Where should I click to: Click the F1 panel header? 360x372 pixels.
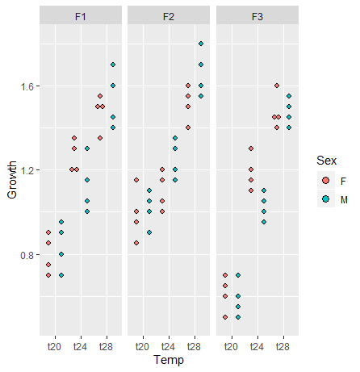[81, 16]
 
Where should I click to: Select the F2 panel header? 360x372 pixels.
[168, 16]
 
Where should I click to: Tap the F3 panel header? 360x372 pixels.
[256, 16]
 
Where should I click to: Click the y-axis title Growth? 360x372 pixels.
[10, 179]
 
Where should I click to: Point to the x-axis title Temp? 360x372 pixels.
[168, 360]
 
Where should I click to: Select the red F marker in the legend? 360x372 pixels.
[325, 180]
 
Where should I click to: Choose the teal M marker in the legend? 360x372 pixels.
[325, 198]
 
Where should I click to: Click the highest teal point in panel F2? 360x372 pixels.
[201, 44]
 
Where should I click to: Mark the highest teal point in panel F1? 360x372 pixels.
[113, 65]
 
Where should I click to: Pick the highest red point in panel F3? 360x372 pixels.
[276, 86]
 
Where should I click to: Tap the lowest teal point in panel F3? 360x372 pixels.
[238, 317]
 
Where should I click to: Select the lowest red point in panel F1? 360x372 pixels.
[48, 275]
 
